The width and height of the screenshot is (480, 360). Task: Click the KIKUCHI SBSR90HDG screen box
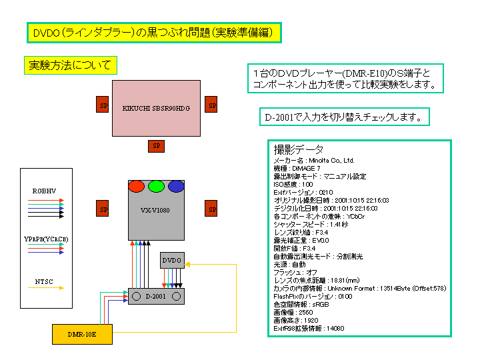click(155, 108)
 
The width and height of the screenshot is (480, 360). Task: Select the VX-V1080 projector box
click(156, 210)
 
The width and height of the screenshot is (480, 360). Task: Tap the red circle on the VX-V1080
click(137, 187)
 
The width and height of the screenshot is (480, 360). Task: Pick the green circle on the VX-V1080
click(157, 187)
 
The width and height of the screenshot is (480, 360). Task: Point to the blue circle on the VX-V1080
click(176, 187)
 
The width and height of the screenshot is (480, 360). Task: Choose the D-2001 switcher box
click(156, 295)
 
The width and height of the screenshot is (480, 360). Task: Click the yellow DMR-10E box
click(82, 333)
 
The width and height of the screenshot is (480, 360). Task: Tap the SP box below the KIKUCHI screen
click(156, 145)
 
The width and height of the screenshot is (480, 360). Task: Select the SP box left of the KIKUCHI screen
click(103, 105)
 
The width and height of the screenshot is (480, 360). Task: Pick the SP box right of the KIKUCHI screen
click(211, 105)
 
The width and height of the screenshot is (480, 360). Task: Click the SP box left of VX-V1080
click(103, 209)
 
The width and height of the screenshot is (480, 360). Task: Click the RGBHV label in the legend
click(44, 191)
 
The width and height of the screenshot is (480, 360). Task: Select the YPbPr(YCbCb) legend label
click(45, 239)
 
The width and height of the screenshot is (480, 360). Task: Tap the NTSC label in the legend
click(44, 282)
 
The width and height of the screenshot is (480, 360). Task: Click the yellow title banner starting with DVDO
click(154, 32)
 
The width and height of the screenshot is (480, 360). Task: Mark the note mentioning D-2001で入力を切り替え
click(343, 117)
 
